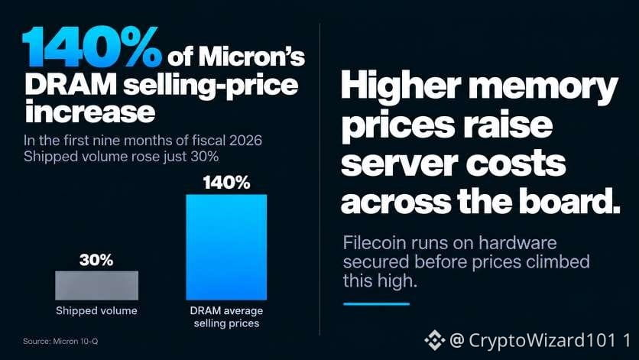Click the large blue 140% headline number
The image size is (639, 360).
[92, 47]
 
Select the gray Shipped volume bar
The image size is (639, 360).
[96, 285]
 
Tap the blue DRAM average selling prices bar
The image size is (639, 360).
[226, 247]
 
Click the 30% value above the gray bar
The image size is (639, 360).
[96, 260]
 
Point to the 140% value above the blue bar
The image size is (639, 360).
[226, 183]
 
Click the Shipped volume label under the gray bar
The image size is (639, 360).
[96, 310]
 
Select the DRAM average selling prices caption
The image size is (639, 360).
[226, 316]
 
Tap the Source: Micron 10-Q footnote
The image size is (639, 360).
[60, 341]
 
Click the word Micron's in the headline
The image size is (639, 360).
[251, 57]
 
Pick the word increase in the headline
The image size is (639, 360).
[90, 112]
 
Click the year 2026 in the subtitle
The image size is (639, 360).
[245, 140]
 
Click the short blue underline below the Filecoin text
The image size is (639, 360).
[377, 303]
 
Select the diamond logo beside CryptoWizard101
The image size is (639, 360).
[434, 340]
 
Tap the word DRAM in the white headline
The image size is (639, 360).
[71, 85]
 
